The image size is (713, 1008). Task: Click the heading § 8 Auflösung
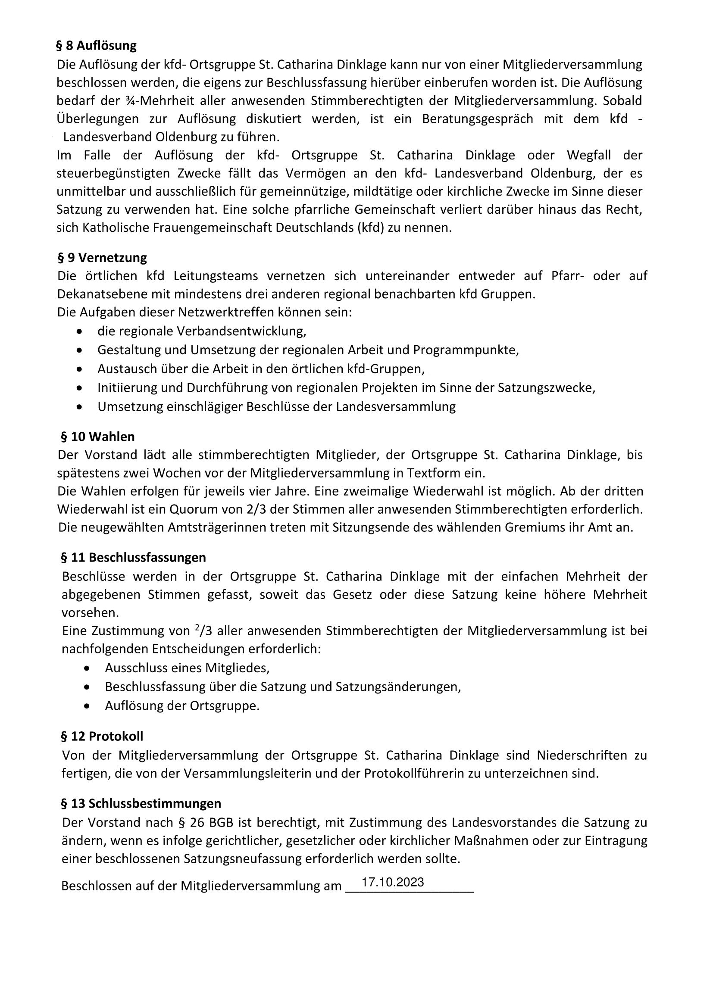pyautogui.click(x=97, y=46)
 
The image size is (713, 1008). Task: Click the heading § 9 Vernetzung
pyautogui.click(x=102, y=257)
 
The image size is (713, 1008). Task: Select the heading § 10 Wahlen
pyautogui.click(x=97, y=437)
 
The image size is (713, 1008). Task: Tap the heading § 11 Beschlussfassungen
pyautogui.click(x=133, y=558)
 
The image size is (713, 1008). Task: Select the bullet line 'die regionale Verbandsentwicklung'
pyautogui.click(x=201, y=331)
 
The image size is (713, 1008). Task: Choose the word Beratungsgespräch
pyautogui.click(x=478, y=119)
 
